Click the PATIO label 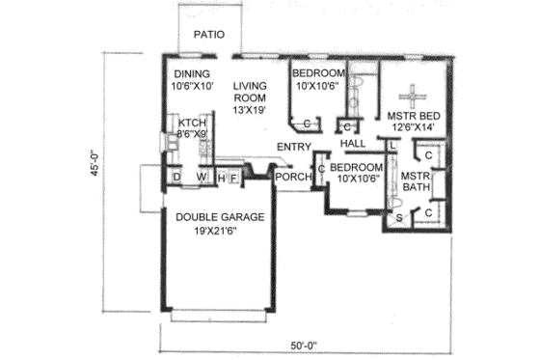coord(209,35)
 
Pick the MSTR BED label coord(415,114)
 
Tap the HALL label coord(353,144)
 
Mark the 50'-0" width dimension coord(303,345)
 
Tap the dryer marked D coord(177,178)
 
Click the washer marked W coord(202,178)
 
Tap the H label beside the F coord(222,178)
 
